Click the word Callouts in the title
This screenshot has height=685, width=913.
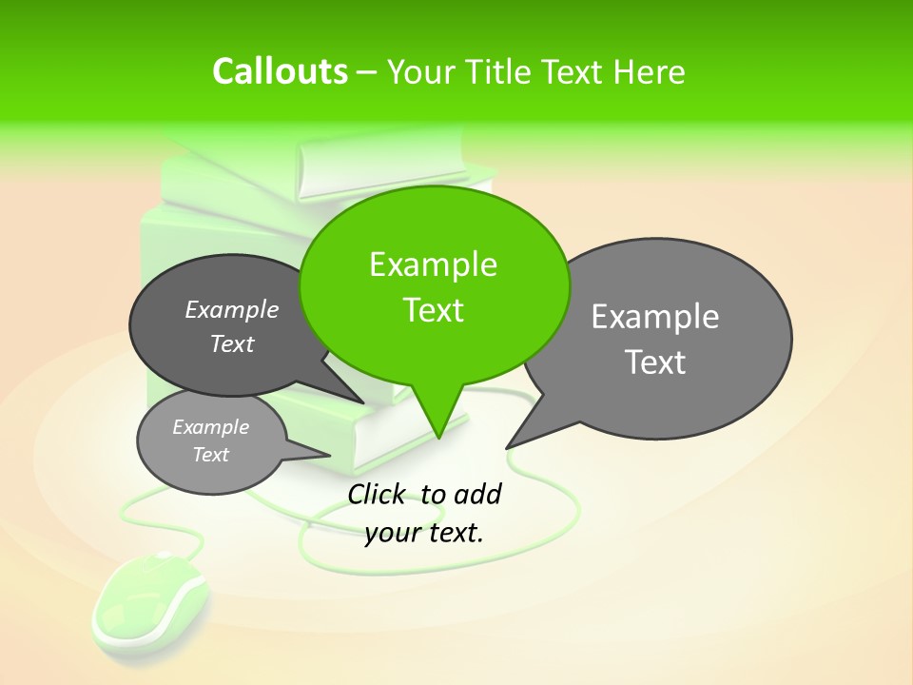(280, 71)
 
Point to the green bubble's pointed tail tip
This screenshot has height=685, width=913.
(438, 437)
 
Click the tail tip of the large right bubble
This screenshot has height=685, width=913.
(507, 447)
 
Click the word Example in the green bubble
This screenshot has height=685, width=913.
(433, 264)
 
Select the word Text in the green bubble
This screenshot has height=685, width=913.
(433, 310)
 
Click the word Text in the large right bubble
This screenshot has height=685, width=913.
(655, 362)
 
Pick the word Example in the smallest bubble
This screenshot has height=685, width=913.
(210, 428)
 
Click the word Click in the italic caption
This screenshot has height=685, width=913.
(379, 494)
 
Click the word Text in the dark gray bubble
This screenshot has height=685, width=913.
(232, 344)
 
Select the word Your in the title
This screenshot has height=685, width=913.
(420, 71)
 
